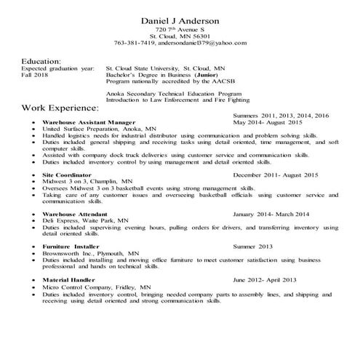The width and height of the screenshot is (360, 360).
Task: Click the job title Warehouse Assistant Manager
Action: pos(89,122)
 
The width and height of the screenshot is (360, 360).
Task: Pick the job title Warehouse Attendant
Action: pos(74,215)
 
